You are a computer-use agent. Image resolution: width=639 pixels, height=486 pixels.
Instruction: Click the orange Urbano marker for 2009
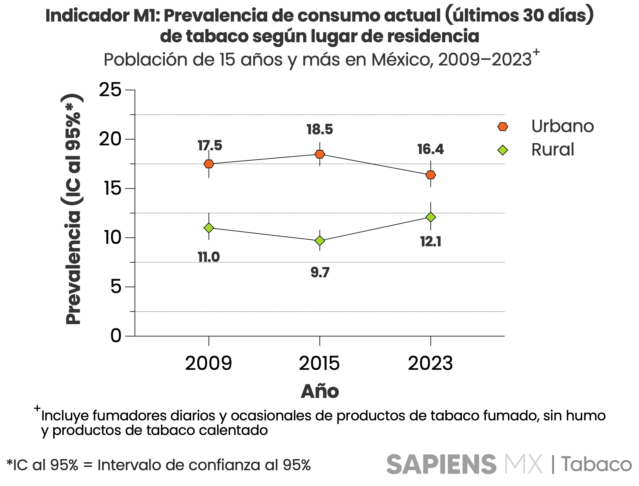209,164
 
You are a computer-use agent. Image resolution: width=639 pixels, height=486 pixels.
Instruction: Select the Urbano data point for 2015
320,154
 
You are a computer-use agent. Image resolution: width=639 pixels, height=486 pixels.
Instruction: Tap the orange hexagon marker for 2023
431,175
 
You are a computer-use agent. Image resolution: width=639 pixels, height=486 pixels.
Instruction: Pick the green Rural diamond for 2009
209,228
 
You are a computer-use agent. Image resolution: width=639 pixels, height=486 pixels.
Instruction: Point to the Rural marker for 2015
320,241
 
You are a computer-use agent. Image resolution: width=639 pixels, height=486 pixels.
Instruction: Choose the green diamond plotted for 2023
431,217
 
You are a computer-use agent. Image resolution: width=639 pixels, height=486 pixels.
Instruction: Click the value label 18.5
320,130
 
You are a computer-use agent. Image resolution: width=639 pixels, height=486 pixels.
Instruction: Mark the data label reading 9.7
320,272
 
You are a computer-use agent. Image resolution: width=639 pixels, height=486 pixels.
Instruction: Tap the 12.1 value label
431,242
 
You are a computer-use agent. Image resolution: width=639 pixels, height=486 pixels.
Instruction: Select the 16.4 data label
430,149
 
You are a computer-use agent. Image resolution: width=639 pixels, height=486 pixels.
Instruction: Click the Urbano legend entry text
563,126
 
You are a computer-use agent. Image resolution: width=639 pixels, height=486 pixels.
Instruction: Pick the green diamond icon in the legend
503,150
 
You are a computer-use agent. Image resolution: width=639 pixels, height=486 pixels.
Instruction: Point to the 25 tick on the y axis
110,90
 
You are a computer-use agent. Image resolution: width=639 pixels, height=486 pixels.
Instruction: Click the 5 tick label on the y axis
116,287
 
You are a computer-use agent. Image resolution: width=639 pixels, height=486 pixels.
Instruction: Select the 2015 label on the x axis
319,364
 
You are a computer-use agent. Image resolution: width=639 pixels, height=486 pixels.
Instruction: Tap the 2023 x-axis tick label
430,364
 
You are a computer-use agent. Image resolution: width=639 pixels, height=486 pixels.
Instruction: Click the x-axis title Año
320,392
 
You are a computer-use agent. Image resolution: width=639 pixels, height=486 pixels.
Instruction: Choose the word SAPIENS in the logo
441,464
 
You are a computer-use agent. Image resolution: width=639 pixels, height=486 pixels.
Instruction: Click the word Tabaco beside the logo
596,464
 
